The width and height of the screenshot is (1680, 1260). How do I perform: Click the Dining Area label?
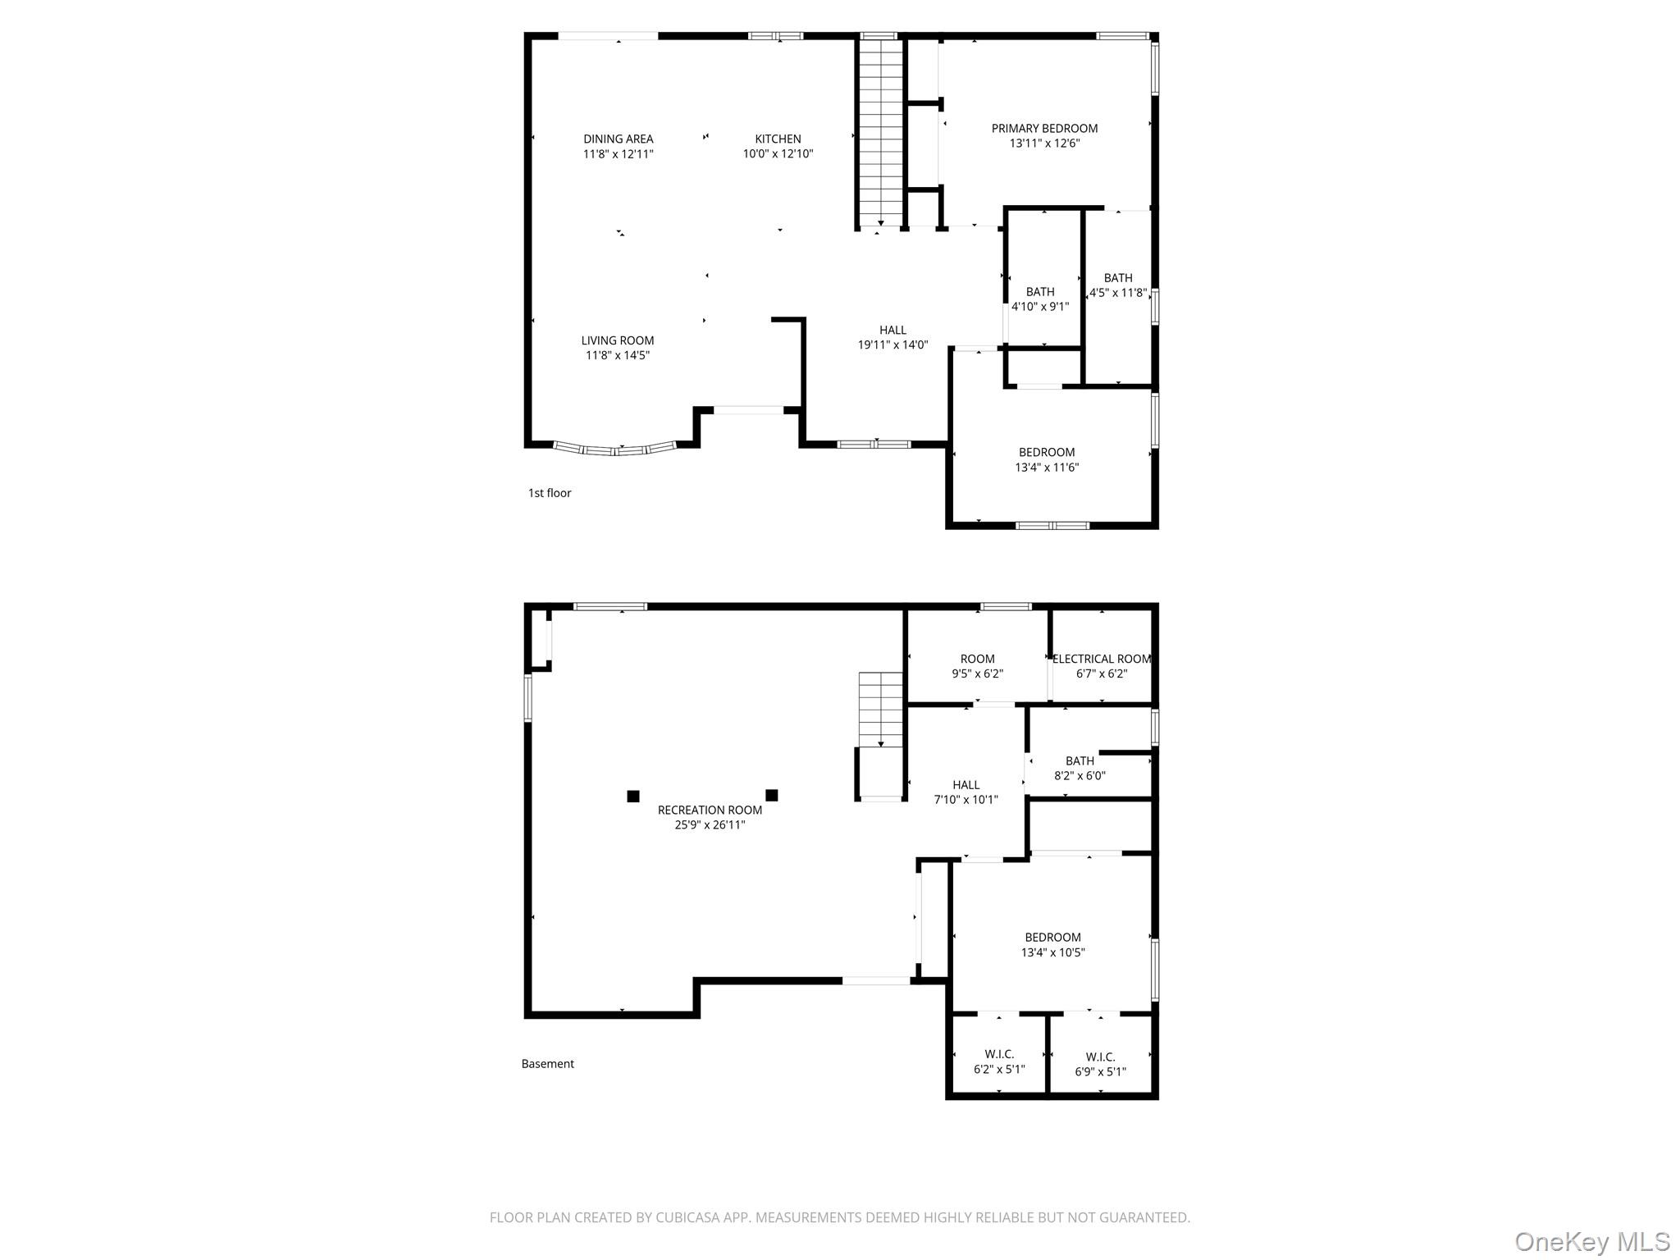click(618, 139)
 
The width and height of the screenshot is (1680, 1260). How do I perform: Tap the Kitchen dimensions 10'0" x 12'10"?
click(778, 154)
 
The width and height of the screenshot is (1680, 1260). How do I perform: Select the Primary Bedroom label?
click(1044, 128)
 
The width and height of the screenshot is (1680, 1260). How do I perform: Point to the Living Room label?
click(618, 340)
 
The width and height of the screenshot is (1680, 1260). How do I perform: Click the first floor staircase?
click(880, 131)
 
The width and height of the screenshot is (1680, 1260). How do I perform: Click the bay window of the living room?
click(615, 449)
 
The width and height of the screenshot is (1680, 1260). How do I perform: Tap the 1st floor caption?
click(550, 493)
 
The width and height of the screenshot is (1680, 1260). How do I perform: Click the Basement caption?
click(548, 1064)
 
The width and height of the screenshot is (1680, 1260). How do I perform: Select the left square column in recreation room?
click(633, 796)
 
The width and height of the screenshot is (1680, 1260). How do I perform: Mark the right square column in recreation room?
click(772, 795)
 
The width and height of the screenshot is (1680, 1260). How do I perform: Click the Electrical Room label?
click(1102, 659)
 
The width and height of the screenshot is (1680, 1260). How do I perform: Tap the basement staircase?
click(881, 710)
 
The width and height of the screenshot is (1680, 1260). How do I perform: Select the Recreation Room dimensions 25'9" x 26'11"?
click(710, 825)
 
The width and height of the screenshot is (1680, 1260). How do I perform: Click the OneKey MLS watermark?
click(1591, 1241)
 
